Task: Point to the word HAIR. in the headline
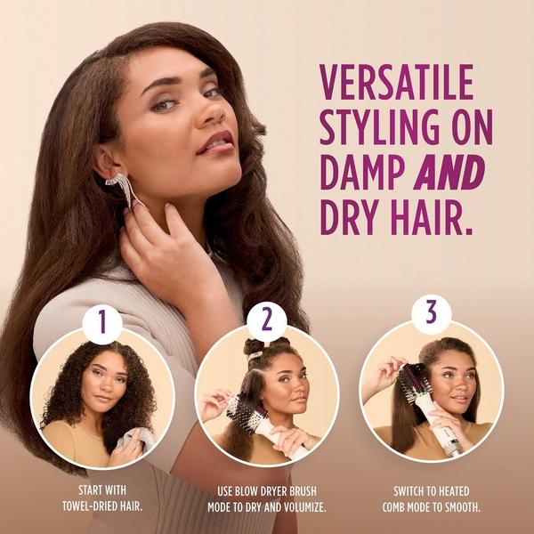pos(426,216)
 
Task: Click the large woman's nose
pos(211,111)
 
